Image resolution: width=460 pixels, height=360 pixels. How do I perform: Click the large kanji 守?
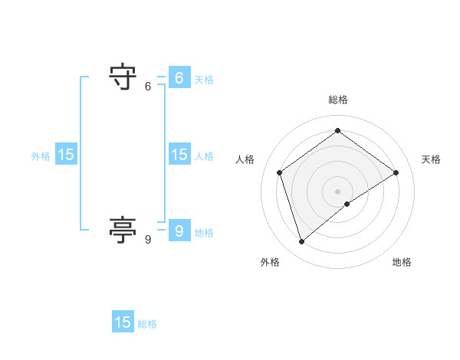(123, 77)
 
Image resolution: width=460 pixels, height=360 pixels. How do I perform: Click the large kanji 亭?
(123, 231)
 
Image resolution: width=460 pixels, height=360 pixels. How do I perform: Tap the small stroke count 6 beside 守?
(148, 87)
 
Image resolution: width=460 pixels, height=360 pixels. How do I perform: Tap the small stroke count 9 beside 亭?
(148, 240)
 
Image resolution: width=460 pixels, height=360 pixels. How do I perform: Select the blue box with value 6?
(179, 78)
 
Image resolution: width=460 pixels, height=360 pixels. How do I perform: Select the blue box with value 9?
(179, 231)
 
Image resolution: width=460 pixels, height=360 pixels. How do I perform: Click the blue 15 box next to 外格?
(66, 155)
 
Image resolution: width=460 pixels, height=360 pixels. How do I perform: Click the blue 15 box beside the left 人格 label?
(179, 155)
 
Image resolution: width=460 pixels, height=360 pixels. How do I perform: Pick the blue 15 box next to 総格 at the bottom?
(123, 322)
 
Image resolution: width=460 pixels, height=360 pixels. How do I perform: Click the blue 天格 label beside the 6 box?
(204, 80)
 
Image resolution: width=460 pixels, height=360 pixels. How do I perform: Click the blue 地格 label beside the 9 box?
(204, 233)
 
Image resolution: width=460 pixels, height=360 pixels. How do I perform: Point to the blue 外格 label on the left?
(41, 156)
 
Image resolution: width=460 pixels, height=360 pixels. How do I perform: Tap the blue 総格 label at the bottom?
(147, 324)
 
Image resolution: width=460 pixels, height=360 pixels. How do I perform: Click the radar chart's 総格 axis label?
(337, 100)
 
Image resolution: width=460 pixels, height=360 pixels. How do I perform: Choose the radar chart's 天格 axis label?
(431, 159)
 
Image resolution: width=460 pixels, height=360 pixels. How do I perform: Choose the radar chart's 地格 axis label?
(402, 262)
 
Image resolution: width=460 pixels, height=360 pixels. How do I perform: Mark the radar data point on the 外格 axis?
(301, 242)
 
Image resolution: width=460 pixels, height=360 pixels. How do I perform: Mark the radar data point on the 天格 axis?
(396, 172)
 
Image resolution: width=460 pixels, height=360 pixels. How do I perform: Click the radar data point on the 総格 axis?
(337, 130)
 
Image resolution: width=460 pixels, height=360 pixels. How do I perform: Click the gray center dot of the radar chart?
(337, 191)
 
